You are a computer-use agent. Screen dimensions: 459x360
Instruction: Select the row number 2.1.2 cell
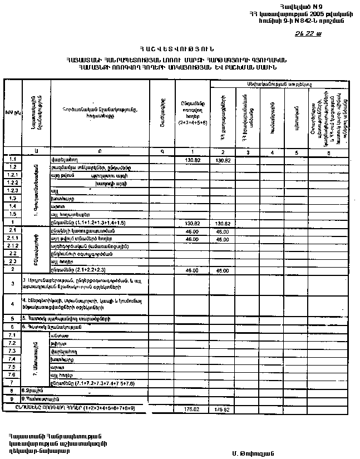pyautogui.click(x=13, y=245)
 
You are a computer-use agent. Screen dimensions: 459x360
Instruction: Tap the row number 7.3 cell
pyautogui.click(x=13, y=352)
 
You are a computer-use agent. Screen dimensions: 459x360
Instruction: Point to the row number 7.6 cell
pyautogui.click(x=13, y=376)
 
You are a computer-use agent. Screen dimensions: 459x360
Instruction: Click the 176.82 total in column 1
pyautogui.click(x=192, y=409)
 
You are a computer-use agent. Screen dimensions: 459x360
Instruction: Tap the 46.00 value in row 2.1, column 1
pyautogui.click(x=192, y=230)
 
